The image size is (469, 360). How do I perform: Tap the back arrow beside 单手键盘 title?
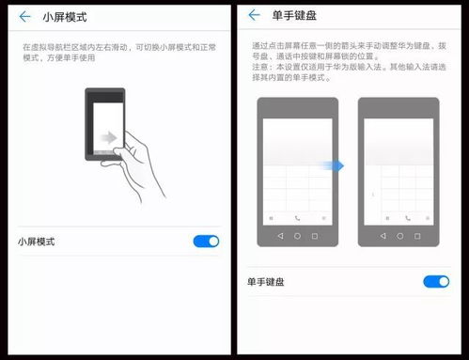255,16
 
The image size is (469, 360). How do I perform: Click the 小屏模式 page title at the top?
66,16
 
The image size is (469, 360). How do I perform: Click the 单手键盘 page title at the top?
294,16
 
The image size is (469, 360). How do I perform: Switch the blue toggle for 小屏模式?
206,242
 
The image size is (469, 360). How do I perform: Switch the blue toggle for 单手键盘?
436,281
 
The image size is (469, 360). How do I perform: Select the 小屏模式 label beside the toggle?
36,242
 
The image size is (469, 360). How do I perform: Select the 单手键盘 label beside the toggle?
266,281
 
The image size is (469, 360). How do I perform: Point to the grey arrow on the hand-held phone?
110,138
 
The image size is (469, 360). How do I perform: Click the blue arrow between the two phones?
339,165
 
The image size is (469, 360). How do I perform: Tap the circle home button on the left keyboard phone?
297,236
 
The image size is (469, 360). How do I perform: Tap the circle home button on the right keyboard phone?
400,236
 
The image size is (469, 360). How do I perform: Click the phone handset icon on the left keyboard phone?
297,218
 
